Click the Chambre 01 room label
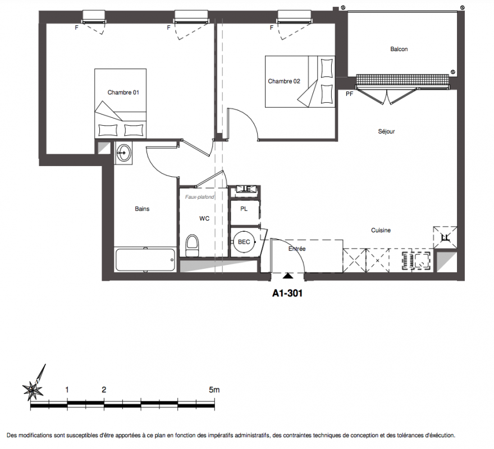pos(123,92)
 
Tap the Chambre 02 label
pos(284,81)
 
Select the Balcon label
pos(399,49)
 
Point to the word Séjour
pos(386,131)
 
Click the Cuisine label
pos(381,230)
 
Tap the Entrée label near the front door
pos(297,249)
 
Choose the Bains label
pos(142,209)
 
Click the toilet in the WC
pos(193,245)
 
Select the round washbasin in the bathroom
pos(124,153)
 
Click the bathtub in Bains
pos(145,260)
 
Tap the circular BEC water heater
pos(244,242)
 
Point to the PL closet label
pos(244,209)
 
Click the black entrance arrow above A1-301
pos(287,276)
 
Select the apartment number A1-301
pos(287,294)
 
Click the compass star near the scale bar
pos(33,390)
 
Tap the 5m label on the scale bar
pos(214,390)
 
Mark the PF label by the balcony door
pos(349,94)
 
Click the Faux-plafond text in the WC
pos(199,197)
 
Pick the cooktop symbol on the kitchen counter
pos(416,260)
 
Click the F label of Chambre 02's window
pos(272,28)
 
